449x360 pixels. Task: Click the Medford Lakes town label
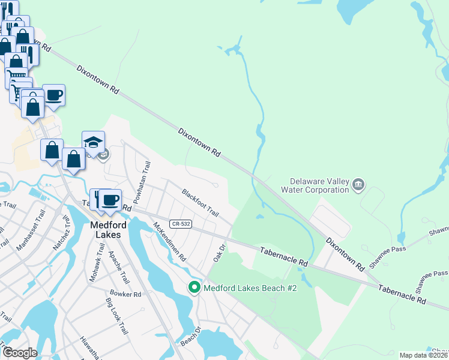[x=107, y=230]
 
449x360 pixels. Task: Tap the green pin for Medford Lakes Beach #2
[x=194, y=288]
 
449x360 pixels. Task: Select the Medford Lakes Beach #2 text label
[x=250, y=288]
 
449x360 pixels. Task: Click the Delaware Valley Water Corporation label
[x=319, y=185]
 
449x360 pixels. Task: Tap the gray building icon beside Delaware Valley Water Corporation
[x=358, y=184]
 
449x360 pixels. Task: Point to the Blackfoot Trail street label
[x=200, y=203]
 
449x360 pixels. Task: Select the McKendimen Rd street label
[x=169, y=242]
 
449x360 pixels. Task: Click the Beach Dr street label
[x=189, y=338]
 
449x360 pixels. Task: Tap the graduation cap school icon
[x=93, y=143]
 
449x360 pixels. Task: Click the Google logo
[x=19, y=353]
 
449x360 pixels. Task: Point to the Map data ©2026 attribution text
[x=423, y=355]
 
